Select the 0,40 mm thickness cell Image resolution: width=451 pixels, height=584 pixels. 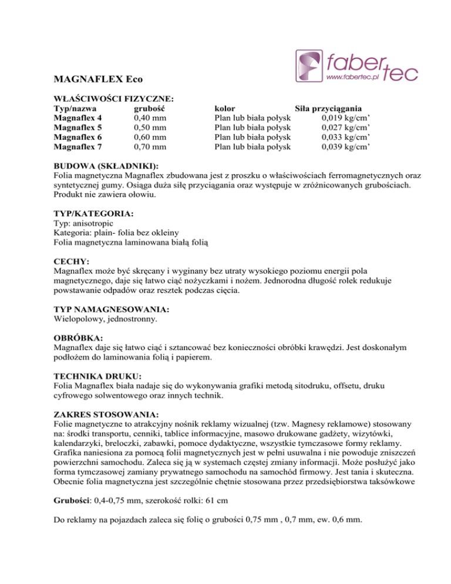tap(150, 118)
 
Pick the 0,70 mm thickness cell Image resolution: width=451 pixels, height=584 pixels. tap(150, 146)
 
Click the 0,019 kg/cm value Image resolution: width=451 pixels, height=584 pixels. tap(345, 118)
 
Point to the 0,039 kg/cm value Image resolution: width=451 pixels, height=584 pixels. tap(345, 146)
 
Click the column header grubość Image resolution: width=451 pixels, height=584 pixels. tap(149, 109)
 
